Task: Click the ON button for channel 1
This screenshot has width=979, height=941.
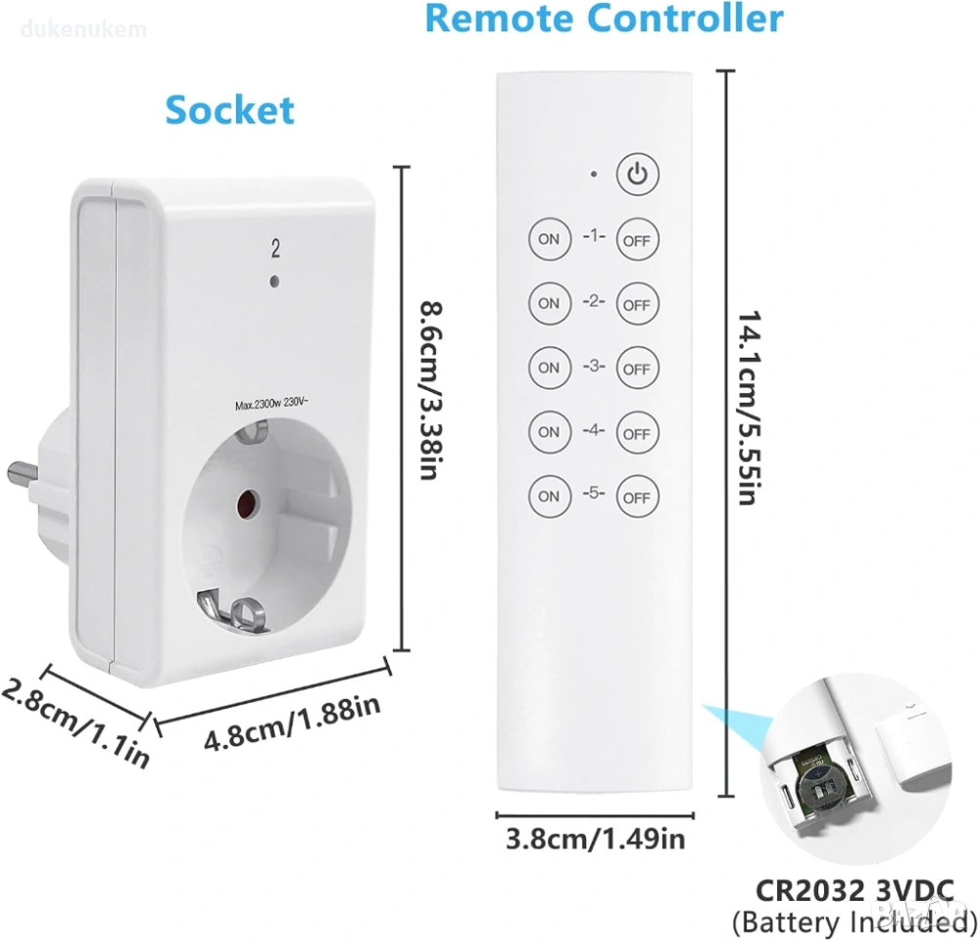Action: pyautogui.click(x=549, y=239)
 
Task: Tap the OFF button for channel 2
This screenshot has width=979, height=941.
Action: pyautogui.click(x=636, y=305)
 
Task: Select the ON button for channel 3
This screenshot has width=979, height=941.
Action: pyautogui.click(x=549, y=368)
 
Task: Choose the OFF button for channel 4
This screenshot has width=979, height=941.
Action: pyautogui.click(x=636, y=433)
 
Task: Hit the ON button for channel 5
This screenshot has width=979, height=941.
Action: pyautogui.click(x=549, y=496)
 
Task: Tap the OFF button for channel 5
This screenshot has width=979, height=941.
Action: pyautogui.click(x=636, y=497)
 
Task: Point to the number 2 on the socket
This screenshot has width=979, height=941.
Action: pyautogui.click(x=275, y=250)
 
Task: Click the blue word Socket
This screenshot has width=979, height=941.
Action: pyautogui.click(x=229, y=110)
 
